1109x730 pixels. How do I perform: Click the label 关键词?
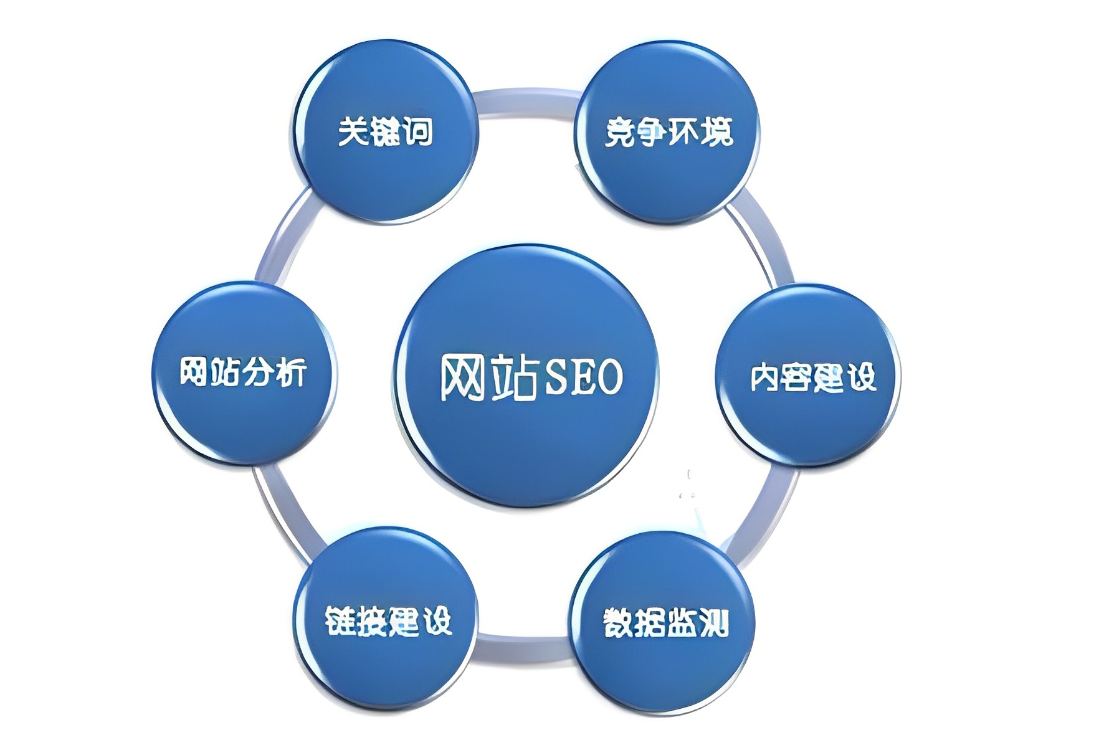pyautogui.click(x=385, y=131)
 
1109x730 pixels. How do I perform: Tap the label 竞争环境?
pyautogui.click(x=669, y=131)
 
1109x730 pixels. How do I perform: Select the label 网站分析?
pyautogui.click(x=243, y=371)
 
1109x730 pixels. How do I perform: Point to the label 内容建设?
pyautogui.click(x=813, y=377)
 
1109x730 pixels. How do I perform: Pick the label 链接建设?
pyautogui.click(x=388, y=620)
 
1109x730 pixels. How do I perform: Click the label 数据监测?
pyautogui.click(x=665, y=622)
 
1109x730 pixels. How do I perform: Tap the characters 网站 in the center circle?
pyautogui.click(x=488, y=377)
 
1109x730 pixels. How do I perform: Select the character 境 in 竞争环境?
pyautogui.click(x=718, y=131)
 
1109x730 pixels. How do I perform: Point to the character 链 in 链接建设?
pyautogui.click(x=340, y=620)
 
